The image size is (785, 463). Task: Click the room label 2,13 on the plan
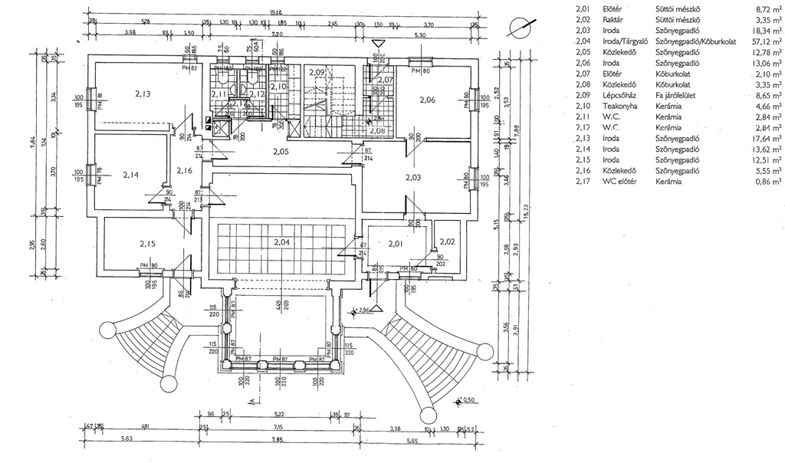142,94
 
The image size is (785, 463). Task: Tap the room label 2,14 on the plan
131,175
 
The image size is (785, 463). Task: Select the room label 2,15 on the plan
147,244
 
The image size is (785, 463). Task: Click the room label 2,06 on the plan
427,100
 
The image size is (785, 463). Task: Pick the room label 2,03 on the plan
414,178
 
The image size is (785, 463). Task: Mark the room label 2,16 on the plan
184,170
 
